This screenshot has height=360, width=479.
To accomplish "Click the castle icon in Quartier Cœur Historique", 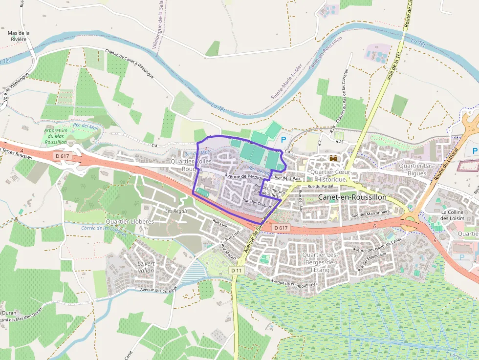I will point(334,159).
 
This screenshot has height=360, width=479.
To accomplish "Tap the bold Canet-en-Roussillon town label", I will point(352,197).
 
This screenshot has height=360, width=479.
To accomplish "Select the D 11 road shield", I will point(237,270).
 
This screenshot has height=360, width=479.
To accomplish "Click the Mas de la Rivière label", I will point(19,36).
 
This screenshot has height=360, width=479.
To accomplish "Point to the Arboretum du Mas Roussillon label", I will point(55,136).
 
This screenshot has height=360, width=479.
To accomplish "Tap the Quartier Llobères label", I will point(130,221).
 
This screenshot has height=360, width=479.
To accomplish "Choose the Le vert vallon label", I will point(146,267).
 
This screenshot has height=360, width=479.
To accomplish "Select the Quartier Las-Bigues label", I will point(416,169).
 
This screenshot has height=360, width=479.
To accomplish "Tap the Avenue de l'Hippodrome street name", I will point(294,283).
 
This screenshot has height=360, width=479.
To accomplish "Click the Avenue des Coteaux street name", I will point(157,289).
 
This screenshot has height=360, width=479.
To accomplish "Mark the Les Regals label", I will point(176,211).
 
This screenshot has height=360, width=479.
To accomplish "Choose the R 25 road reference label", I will point(340,142).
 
